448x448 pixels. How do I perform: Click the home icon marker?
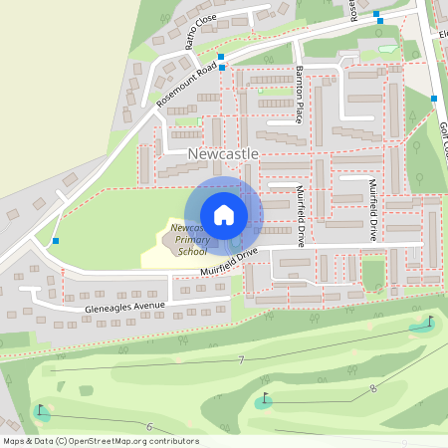point(224,214)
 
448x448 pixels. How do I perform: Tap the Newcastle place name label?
point(223,154)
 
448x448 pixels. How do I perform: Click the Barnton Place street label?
point(299,94)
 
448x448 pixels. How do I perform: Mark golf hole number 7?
point(241,359)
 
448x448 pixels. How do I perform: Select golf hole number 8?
point(372,389)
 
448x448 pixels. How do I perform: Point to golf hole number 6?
point(148,427)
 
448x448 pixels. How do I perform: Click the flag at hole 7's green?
point(430,322)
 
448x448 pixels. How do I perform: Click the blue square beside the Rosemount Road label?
point(221,57)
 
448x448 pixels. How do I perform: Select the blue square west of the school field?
point(56,241)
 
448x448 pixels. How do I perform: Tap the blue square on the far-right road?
point(434,98)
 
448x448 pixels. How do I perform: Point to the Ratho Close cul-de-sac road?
point(214,22)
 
